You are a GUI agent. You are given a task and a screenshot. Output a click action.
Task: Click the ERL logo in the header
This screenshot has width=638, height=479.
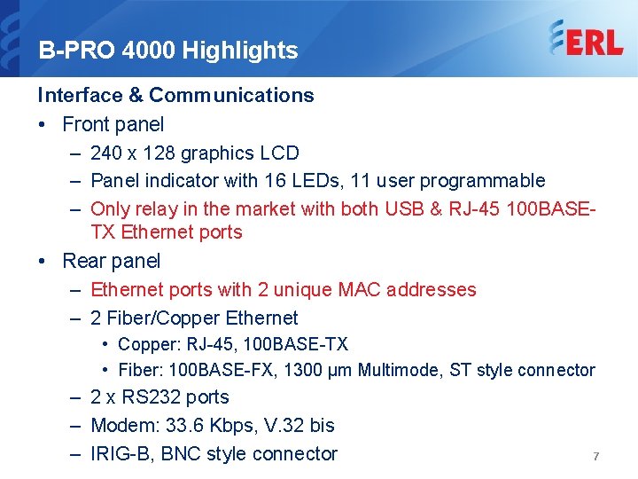click(586, 39)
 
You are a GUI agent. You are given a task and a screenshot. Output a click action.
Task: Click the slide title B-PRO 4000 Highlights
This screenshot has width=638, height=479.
click(168, 51)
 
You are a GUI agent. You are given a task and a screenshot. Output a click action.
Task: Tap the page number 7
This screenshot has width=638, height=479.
click(595, 456)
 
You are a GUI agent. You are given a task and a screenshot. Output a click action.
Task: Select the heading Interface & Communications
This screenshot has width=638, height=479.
click(175, 95)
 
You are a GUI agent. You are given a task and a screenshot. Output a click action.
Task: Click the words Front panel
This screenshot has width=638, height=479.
click(113, 124)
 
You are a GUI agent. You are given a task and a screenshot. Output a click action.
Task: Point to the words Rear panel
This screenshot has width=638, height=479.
click(112, 261)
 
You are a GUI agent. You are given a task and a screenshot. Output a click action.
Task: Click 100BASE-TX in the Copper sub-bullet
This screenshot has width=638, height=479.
click(303, 344)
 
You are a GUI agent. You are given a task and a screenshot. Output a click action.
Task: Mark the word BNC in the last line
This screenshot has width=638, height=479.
click(181, 454)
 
